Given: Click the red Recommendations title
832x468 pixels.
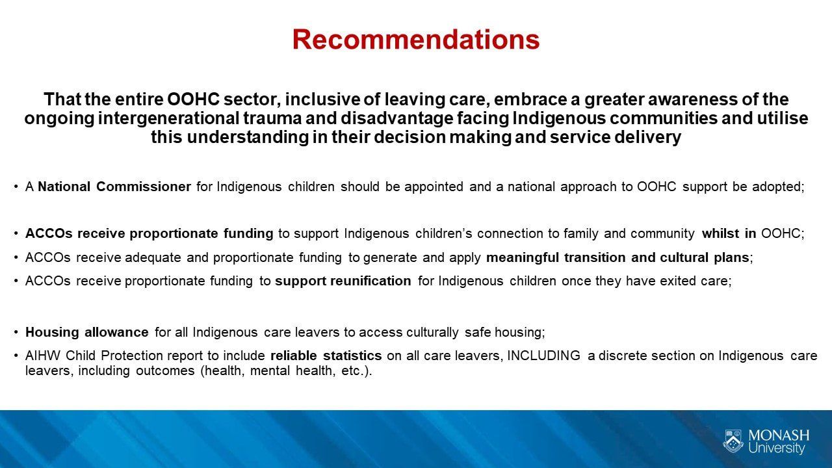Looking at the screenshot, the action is (x=415, y=40).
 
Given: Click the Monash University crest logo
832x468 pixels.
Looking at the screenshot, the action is (x=733, y=441).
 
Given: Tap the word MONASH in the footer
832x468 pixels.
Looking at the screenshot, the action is (x=779, y=435).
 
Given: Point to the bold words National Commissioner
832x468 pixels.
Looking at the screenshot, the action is (x=114, y=187).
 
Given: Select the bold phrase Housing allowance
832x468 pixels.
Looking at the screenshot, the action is (x=87, y=332).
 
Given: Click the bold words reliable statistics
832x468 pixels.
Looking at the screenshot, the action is (x=326, y=356).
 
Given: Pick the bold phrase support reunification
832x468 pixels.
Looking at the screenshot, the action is (x=343, y=281).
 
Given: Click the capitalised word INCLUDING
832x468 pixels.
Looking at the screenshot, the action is (x=544, y=356).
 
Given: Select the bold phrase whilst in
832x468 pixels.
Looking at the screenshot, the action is (x=729, y=233).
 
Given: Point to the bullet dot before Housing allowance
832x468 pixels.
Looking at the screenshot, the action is (x=16, y=332).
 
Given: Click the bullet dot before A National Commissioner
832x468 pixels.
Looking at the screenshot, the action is (x=16, y=187).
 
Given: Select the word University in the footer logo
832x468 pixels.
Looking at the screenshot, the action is (x=776, y=448).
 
